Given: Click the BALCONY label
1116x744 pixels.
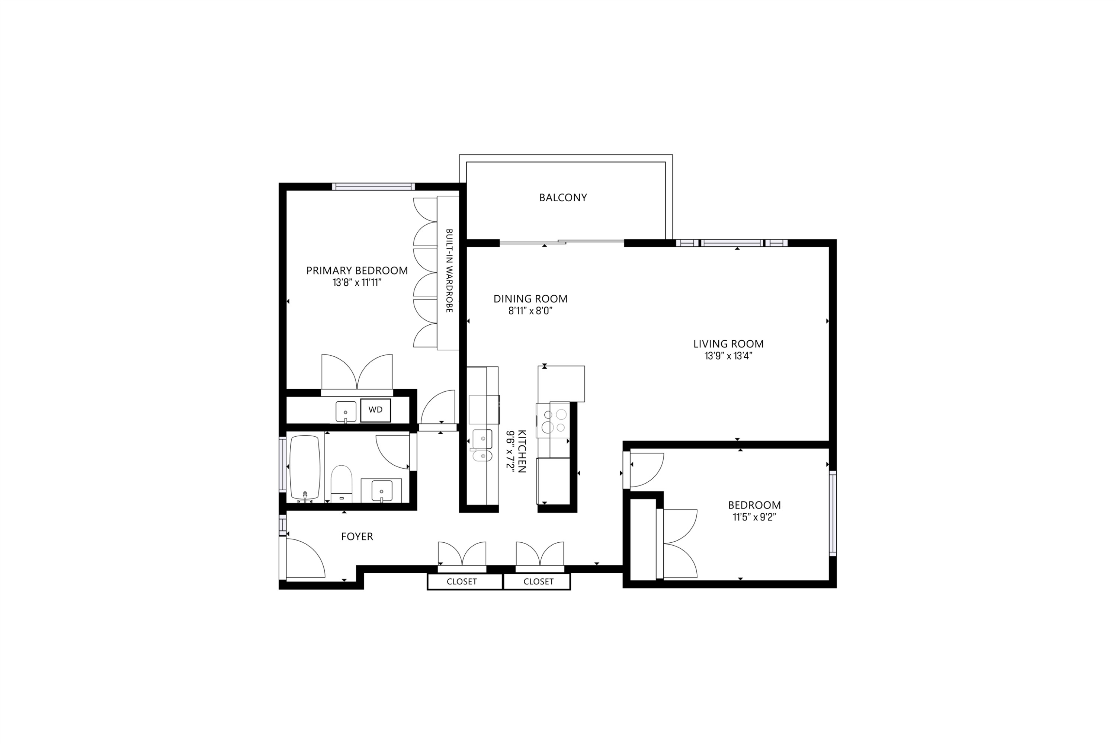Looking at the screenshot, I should coord(563,198).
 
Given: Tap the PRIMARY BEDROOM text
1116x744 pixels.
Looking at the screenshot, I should coord(357,270).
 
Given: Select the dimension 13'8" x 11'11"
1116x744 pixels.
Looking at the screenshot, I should coord(357,283).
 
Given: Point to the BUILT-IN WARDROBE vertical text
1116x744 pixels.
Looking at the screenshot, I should coord(449,270).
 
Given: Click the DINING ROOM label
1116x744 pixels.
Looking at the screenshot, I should coord(530,298).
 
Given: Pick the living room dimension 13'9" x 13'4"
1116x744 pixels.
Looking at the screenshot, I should coord(728,356).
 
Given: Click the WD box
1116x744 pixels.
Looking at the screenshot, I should coord(375,410).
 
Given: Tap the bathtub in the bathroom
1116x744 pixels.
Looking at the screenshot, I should coord(304,467).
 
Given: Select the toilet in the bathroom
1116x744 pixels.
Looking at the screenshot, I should coord(341,483).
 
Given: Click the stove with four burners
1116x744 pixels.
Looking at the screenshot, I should coord(553,420).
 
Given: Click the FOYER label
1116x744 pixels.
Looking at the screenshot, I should coord(357,536).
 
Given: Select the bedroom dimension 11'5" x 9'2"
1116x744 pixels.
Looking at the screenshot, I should coord(754,517).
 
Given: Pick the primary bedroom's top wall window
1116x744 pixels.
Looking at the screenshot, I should coord(373,186).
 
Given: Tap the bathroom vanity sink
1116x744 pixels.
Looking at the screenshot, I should coord(381,491).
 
